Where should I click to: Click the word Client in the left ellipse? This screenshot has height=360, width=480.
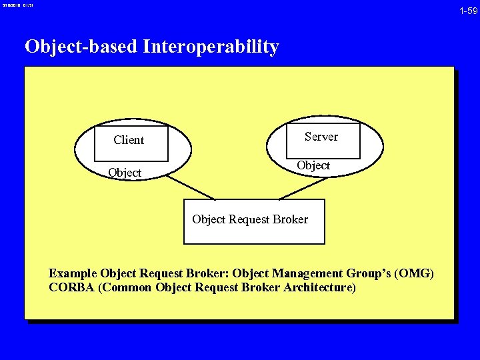coord(129,140)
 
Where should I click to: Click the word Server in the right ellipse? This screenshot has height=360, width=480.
coord(321,137)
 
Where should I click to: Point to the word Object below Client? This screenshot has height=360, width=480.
coord(125,173)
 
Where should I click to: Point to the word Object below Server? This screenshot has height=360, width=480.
coord(313,165)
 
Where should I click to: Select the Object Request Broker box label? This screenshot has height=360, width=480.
coord(250,219)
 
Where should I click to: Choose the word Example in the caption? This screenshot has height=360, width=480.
coord(73,273)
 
